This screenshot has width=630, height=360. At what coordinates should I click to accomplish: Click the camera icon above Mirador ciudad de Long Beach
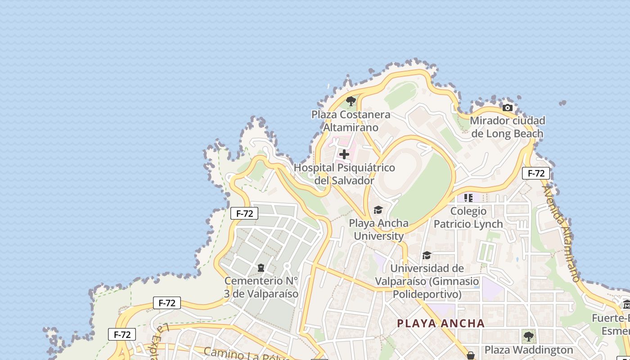tap(508, 108)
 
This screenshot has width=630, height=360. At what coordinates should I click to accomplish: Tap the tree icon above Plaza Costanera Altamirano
tap(351, 101)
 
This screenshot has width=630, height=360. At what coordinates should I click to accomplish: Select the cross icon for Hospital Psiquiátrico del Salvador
tap(344, 155)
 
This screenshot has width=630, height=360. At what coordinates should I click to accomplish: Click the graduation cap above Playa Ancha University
tap(378, 210)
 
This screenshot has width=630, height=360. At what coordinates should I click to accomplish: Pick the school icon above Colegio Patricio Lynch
tap(468, 198)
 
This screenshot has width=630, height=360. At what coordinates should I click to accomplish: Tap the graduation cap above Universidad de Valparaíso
tap(427, 256)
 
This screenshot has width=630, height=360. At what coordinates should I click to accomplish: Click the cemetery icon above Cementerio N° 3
tap(261, 268)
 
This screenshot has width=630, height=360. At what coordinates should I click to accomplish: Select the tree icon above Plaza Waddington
tap(529, 336)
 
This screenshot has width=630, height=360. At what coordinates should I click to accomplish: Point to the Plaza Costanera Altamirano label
tap(351, 121)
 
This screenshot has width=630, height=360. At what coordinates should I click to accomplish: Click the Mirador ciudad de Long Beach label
tap(507, 127)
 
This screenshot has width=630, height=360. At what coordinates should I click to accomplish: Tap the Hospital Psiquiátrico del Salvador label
tap(344, 174)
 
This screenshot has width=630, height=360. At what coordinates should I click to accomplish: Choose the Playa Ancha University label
tap(379, 229)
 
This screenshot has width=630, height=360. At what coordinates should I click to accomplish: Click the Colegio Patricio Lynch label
tap(468, 217)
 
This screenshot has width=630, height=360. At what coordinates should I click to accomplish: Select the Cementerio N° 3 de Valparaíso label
tap(261, 288)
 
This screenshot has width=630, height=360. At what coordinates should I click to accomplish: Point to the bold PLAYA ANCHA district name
tap(441, 323)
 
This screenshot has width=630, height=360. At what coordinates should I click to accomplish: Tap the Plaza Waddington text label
tap(529, 350)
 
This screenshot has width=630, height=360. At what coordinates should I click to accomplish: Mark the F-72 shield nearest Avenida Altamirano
tap(536, 173)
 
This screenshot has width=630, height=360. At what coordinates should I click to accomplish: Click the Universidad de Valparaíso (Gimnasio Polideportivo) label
tap(427, 281)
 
